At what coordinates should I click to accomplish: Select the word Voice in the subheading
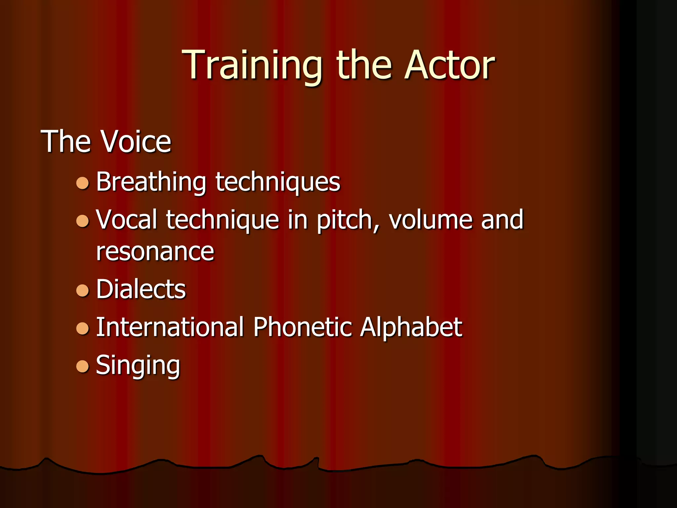[x=136, y=141]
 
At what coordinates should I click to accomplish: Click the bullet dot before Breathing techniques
[x=83, y=183]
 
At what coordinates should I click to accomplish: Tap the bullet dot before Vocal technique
[x=83, y=221]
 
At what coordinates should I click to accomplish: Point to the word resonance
[x=155, y=252]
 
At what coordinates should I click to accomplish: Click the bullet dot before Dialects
[x=83, y=290]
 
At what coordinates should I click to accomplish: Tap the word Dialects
[x=141, y=289]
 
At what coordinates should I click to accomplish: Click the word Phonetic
[x=302, y=327]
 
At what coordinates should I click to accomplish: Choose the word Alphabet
[x=411, y=327]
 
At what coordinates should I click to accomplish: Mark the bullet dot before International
[x=83, y=328]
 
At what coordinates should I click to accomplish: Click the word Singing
[x=138, y=365]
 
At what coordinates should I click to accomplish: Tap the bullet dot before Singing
[x=83, y=366]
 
